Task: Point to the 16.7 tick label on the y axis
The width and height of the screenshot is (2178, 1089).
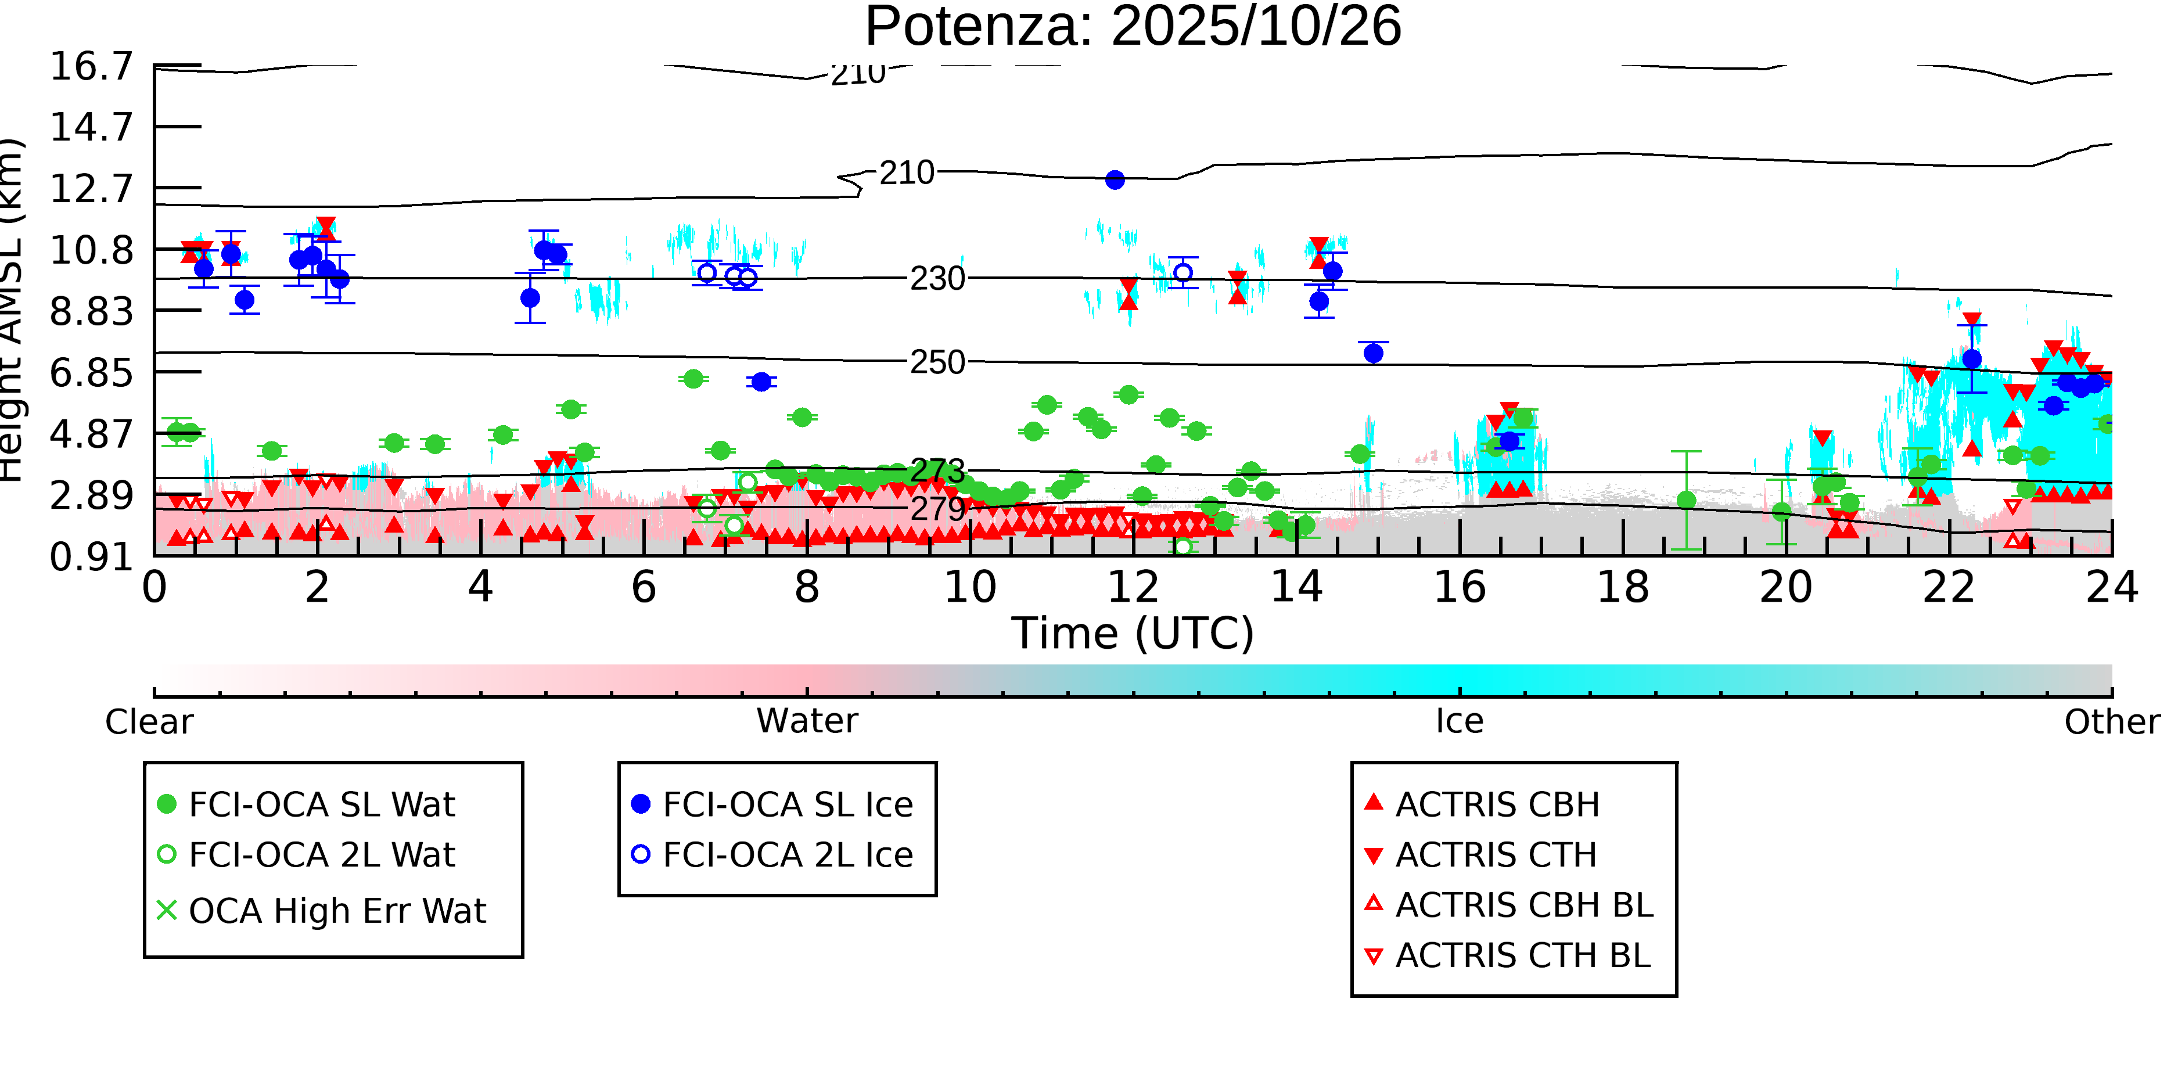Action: click(91, 66)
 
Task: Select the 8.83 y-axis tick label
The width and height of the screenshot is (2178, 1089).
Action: click(91, 311)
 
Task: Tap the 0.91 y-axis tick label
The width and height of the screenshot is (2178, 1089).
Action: click(91, 557)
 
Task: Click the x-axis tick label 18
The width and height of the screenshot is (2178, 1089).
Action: click(1623, 588)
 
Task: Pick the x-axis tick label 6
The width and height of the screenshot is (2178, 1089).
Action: click(644, 588)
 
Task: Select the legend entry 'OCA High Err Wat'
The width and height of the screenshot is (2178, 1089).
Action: click(336, 911)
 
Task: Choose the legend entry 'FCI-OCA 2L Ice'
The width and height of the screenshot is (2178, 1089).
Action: click(787, 856)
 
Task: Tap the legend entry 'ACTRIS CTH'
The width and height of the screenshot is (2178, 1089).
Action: click(1496, 856)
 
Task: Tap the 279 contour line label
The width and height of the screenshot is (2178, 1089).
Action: click(937, 509)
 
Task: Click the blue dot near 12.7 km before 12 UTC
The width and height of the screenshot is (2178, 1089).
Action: click(1115, 180)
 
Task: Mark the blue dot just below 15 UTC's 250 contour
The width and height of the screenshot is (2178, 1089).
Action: click(1373, 354)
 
